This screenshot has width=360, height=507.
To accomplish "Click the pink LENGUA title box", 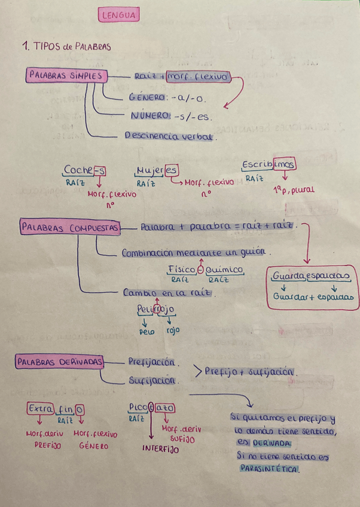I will pyautogui.click(x=118, y=16).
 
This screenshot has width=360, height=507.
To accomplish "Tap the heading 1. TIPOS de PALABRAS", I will pyautogui.click(x=66, y=46).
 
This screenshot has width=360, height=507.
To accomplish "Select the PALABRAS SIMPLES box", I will pyautogui.click(x=66, y=76).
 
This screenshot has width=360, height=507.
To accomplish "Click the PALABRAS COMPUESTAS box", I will pyautogui.click(x=70, y=228).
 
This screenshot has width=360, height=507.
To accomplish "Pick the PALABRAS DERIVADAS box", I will pyautogui.click(x=60, y=362).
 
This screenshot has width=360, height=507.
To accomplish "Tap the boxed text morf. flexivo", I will pyautogui.click(x=197, y=77).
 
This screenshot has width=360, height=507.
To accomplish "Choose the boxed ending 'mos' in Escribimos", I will pyautogui.click(x=285, y=164).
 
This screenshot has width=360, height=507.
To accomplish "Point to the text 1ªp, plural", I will pyautogui.click(x=294, y=190).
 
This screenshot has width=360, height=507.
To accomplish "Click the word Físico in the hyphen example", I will pyautogui.click(x=182, y=270).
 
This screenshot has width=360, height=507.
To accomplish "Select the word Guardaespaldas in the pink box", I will pyautogui.click(x=310, y=276).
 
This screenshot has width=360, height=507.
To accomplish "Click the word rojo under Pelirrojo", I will pyautogui.click(x=172, y=330).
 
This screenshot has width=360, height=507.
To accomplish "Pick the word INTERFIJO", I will pyautogui.click(x=160, y=448).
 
